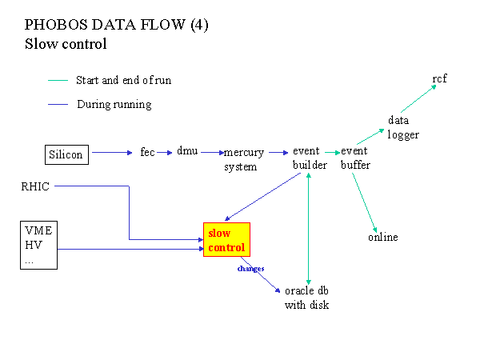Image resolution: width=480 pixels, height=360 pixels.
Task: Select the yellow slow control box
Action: tap(227, 240)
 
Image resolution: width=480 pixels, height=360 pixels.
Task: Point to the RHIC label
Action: tap(35, 186)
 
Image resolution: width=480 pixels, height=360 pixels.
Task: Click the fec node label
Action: tap(147, 152)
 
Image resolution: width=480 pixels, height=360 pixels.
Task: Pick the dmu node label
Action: tap(187, 151)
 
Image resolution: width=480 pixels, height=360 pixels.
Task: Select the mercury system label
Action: tap(244, 159)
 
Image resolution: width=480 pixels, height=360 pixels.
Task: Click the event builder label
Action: tap(310, 158)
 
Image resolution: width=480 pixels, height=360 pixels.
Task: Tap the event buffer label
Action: tap(355, 158)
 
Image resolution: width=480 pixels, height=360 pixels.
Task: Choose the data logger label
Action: tap(403, 127)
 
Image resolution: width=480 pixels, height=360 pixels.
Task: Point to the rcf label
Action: tap(439, 78)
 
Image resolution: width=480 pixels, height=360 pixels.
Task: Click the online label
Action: tap(383, 237)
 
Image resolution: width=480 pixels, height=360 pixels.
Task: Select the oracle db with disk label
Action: tap(306, 298)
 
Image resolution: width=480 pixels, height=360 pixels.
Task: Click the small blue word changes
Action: tap(250, 269)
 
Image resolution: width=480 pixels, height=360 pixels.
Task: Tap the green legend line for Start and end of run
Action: tap(58, 81)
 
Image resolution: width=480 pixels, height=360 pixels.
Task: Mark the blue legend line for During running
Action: tap(58, 104)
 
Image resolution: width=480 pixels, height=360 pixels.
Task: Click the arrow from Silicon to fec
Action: tap(112, 153)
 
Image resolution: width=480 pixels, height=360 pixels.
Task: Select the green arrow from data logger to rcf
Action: tap(418, 98)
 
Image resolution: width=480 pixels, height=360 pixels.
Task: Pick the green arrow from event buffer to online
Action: tap(365, 203)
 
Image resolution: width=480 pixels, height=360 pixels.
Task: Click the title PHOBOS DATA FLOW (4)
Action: tap(116, 25)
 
